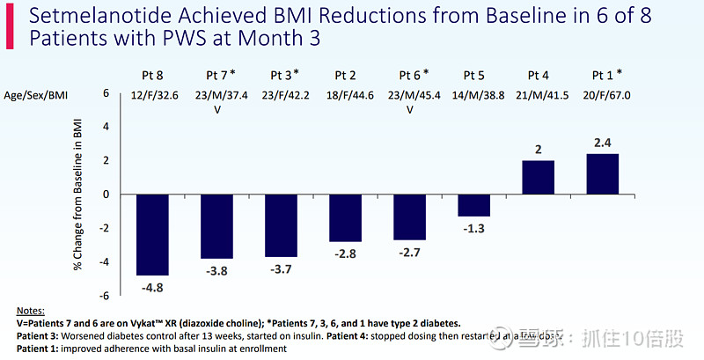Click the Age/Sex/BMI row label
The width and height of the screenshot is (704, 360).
35,93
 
